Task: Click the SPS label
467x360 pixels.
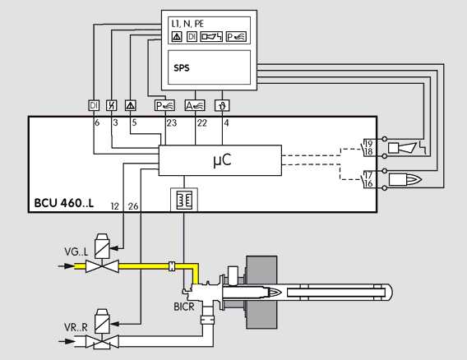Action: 182,68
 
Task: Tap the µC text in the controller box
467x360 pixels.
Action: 222,160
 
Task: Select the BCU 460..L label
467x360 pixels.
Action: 64,203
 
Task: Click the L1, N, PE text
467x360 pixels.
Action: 187,24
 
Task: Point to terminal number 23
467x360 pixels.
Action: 172,122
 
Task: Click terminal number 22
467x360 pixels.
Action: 201,122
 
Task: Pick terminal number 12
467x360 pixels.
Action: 114,206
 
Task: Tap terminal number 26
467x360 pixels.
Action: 133,206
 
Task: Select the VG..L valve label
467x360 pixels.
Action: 76,252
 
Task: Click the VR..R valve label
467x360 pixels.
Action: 76,328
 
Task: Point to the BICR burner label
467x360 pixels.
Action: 184,307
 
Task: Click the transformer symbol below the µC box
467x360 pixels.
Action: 184,200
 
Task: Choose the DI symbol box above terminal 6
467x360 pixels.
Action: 94,105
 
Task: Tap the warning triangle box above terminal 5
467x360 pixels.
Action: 131,105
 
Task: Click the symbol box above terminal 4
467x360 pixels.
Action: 222,105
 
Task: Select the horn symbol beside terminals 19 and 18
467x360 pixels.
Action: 402,148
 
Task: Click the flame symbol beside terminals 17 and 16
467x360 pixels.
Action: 405,179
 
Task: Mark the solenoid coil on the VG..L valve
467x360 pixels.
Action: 102,246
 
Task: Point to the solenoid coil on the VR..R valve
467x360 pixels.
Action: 102,321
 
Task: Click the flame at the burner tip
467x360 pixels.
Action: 274,293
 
